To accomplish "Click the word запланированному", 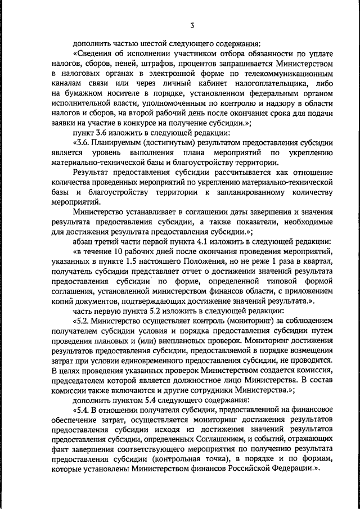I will [249, 193].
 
